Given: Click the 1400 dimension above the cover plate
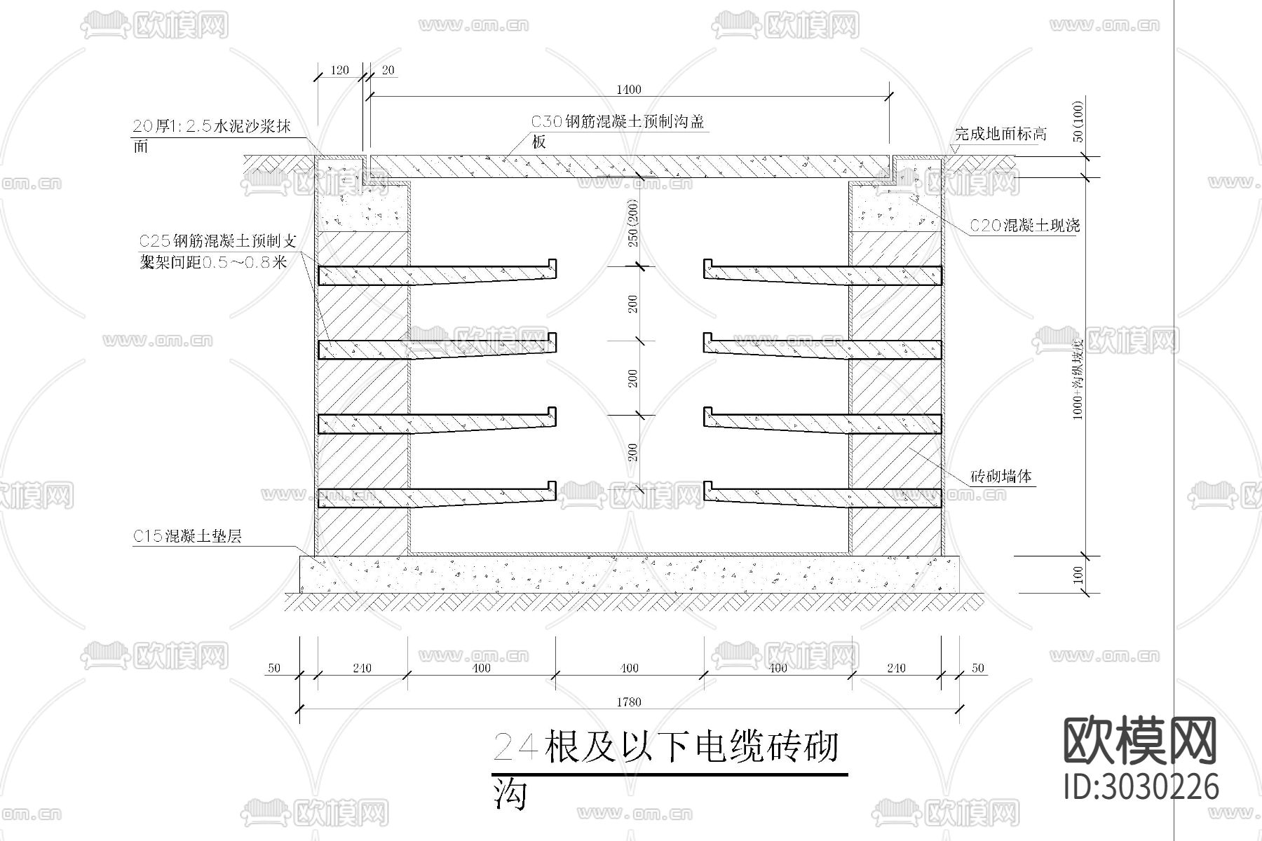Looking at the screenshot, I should click(628, 89).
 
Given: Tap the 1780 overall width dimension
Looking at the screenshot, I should click(629, 702).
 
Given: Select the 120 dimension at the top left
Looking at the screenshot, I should click(339, 70).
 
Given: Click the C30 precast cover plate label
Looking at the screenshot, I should click(617, 122).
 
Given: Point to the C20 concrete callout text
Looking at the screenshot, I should click(1024, 226).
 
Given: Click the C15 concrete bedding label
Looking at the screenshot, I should click(187, 537).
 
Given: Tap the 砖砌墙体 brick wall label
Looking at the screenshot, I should click(1001, 477).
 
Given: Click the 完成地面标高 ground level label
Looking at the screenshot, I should click(1000, 134).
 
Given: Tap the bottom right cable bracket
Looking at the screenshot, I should click(822, 495).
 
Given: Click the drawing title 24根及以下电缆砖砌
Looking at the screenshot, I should click(666, 747).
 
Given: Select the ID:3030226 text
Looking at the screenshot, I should click(1141, 786).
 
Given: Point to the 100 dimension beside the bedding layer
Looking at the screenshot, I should click(1078, 575).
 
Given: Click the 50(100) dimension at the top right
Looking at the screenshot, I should click(1078, 121).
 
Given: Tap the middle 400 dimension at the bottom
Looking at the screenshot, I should click(630, 668).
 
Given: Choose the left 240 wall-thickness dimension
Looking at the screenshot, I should click(362, 668).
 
